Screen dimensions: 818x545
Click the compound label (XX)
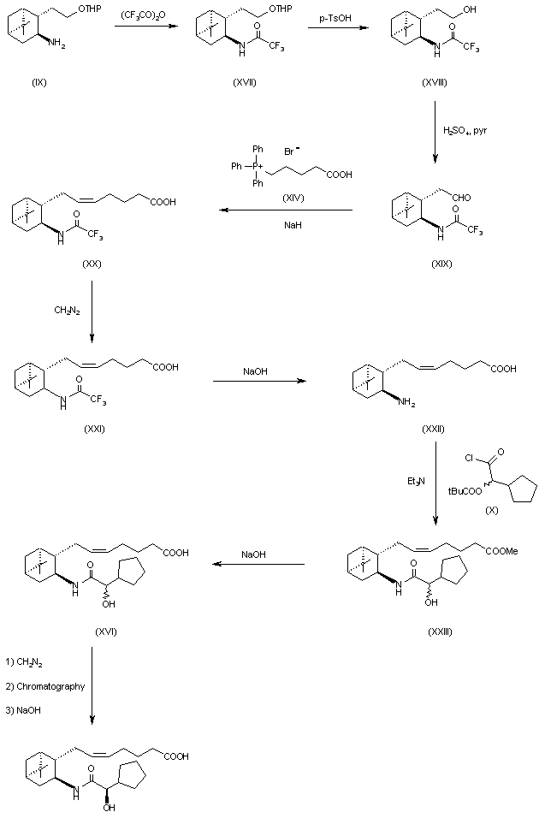(92, 264)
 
